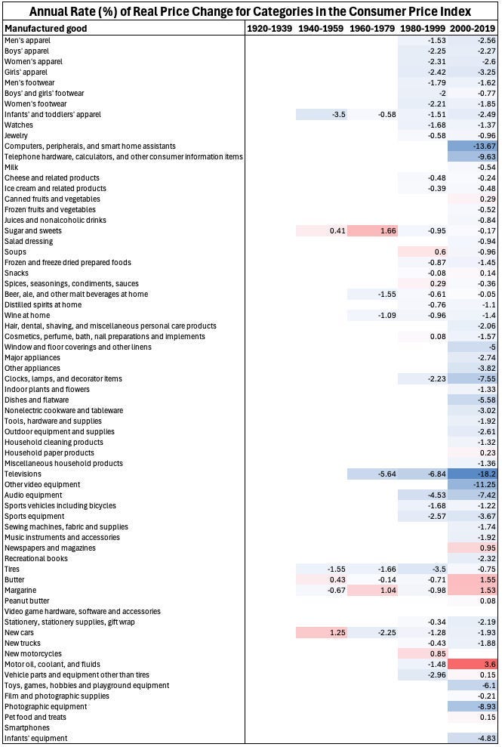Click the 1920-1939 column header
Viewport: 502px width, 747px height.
(x=270, y=28)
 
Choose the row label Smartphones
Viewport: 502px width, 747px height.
(x=25, y=727)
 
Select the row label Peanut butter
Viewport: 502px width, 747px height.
(x=27, y=600)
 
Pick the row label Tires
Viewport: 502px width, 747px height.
(x=12, y=569)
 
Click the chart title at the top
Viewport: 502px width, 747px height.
(x=251, y=11)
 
